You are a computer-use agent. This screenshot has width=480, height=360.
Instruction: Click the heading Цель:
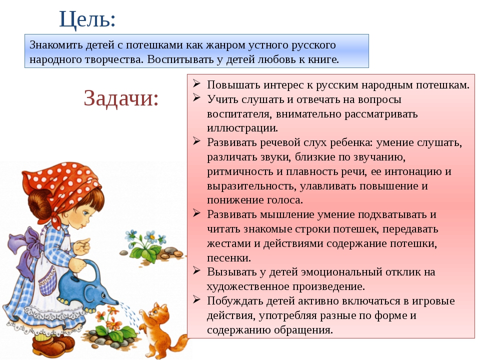87,19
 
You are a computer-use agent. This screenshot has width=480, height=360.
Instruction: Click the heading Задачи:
121,98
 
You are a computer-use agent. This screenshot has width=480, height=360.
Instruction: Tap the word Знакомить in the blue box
56,44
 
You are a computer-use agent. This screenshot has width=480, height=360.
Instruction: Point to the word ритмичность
240,171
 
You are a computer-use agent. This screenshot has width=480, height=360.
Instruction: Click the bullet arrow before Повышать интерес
196,83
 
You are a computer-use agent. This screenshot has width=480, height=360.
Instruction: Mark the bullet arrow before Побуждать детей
196,299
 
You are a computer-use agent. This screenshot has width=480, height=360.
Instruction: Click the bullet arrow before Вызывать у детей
196,270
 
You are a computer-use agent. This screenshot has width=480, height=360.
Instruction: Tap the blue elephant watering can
87,289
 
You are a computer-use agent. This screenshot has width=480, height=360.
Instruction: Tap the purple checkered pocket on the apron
48,282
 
